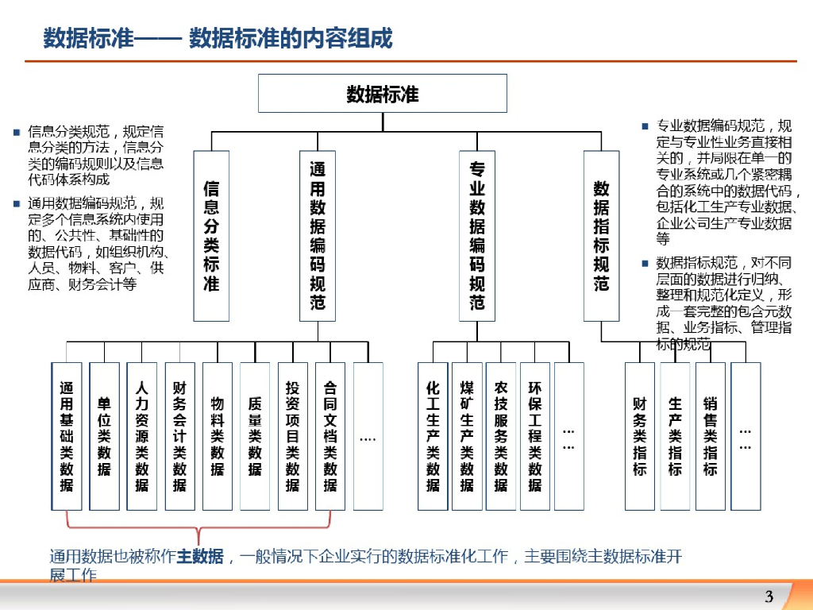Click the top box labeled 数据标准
click(x=382, y=93)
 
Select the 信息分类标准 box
click(x=211, y=236)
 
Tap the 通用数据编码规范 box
click(x=317, y=236)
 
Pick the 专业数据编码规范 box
click(x=477, y=236)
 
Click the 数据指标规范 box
click(x=601, y=236)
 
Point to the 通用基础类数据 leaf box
click(x=67, y=436)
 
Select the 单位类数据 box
click(x=104, y=436)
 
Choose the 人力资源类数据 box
click(x=142, y=436)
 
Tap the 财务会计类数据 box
click(x=179, y=436)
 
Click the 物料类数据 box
click(x=217, y=436)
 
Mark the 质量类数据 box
click(x=255, y=436)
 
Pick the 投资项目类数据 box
click(x=292, y=436)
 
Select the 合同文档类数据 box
click(x=330, y=436)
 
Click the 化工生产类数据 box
click(x=433, y=436)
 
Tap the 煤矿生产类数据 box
click(x=467, y=436)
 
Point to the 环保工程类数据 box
click(x=535, y=436)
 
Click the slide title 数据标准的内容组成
click(x=291, y=38)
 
